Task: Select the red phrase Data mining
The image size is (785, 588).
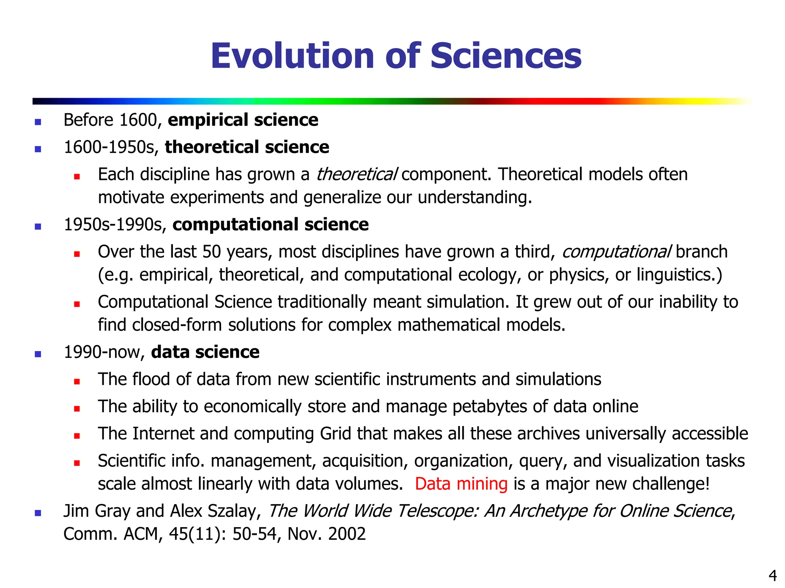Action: click(x=461, y=484)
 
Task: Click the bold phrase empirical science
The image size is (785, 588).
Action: click(x=243, y=120)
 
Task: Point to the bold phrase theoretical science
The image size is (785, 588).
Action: click(x=247, y=147)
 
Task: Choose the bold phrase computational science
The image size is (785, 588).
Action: click(x=271, y=224)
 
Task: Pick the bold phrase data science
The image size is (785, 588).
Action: click(x=205, y=352)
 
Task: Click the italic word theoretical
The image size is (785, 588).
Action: click(x=356, y=175)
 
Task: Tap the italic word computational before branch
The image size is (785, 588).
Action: click(x=616, y=252)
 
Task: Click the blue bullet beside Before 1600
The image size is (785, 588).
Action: click(x=38, y=122)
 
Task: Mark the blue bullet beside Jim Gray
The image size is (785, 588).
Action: click(x=38, y=513)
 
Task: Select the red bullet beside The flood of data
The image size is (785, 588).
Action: click(x=77, y=381)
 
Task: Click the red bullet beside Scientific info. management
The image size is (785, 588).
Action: click(x=77, y=463)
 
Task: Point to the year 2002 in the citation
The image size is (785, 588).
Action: click(x=347, y=534)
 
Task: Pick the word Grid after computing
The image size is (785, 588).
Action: click(x=335, y=434)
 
